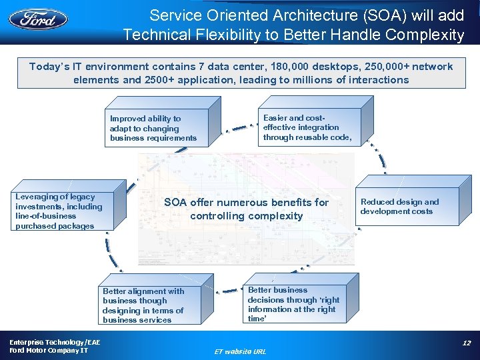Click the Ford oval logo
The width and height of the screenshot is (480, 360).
pos(38,18)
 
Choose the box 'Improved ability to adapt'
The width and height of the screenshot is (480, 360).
pos(157,128)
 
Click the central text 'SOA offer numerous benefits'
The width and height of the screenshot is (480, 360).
pos(247,209)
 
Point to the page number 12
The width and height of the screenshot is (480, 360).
pos(466,343)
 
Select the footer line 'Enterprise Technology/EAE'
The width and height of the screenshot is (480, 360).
pos(47,341)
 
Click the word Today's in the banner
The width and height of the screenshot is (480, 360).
pos(49,67)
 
